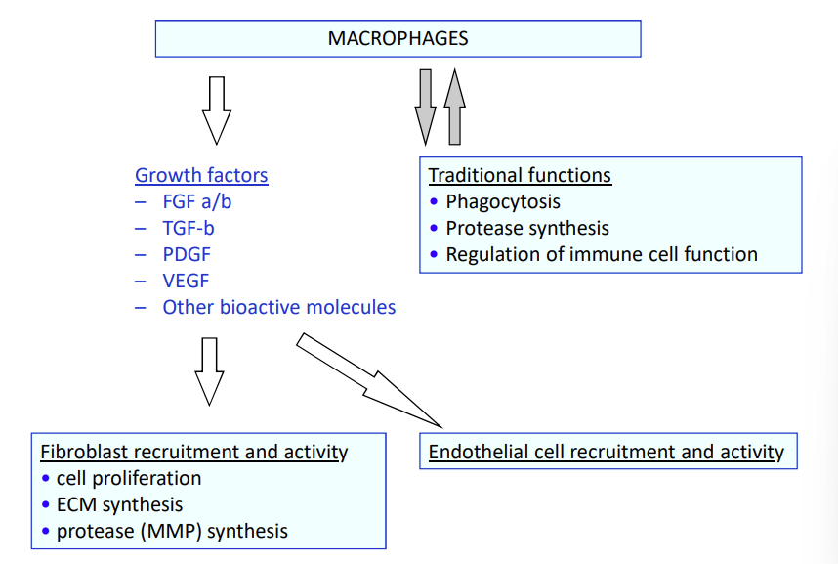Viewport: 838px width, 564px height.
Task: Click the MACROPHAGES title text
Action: [x=398, y=39]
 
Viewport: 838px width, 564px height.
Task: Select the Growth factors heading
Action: [x=201, y=176]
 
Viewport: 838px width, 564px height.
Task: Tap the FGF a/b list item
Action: [x=197, y=202]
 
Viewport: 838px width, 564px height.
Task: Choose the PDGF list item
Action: [x=187, y=255]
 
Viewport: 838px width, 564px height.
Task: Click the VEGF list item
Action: [x=186, y=282]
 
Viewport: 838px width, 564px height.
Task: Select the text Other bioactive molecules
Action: [x=278, y=307]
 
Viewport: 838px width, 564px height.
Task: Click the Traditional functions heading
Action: [x=520, y=176]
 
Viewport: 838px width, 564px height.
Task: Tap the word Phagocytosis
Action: [x=503, y=202]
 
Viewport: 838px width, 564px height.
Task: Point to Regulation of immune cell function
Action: [x=601, y=254]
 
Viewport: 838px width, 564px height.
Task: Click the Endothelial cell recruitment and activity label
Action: [x=607, y=452]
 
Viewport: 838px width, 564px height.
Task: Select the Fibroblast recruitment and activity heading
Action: [x=193, y=452]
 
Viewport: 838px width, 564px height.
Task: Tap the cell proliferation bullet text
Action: [x=129, y=478]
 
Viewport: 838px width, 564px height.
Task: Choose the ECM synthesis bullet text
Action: [x=119, y=505]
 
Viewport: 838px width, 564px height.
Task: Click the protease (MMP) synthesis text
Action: [x=172, y=532]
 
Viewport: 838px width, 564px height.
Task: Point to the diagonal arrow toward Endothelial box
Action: [x=368, y=380]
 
